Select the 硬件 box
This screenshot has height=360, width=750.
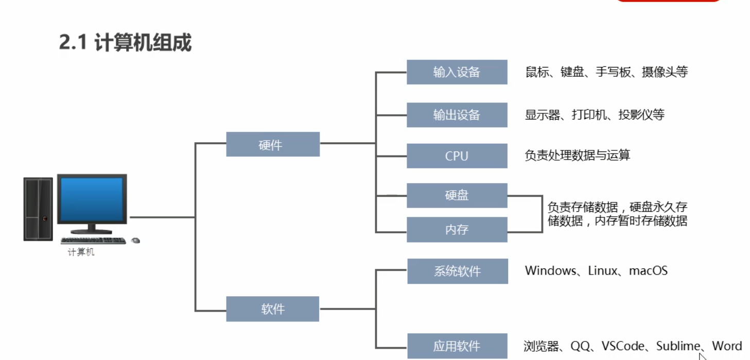click(272, 144)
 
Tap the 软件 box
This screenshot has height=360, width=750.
click(272, 309)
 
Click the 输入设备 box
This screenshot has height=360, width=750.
click(457, 72)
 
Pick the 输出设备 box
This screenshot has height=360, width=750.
click(457, 115)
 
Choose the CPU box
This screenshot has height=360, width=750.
click(457, 156)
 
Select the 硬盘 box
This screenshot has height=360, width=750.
click(457, 196)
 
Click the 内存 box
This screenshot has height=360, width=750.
click(457, 229)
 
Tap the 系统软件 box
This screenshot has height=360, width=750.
click(457, 271)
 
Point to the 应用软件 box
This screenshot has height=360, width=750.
click(457, 346)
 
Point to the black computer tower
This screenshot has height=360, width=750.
click(38, 209)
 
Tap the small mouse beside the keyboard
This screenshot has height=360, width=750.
click(135, 241)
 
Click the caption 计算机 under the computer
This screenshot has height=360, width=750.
click(81, 253)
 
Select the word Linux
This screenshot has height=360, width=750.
click(603, 270)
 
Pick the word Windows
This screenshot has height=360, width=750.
click(550, 270)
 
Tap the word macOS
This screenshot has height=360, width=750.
click(648, 270)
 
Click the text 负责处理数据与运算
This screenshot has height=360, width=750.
click(577, 155)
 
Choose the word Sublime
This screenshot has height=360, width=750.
click(678, 346)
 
